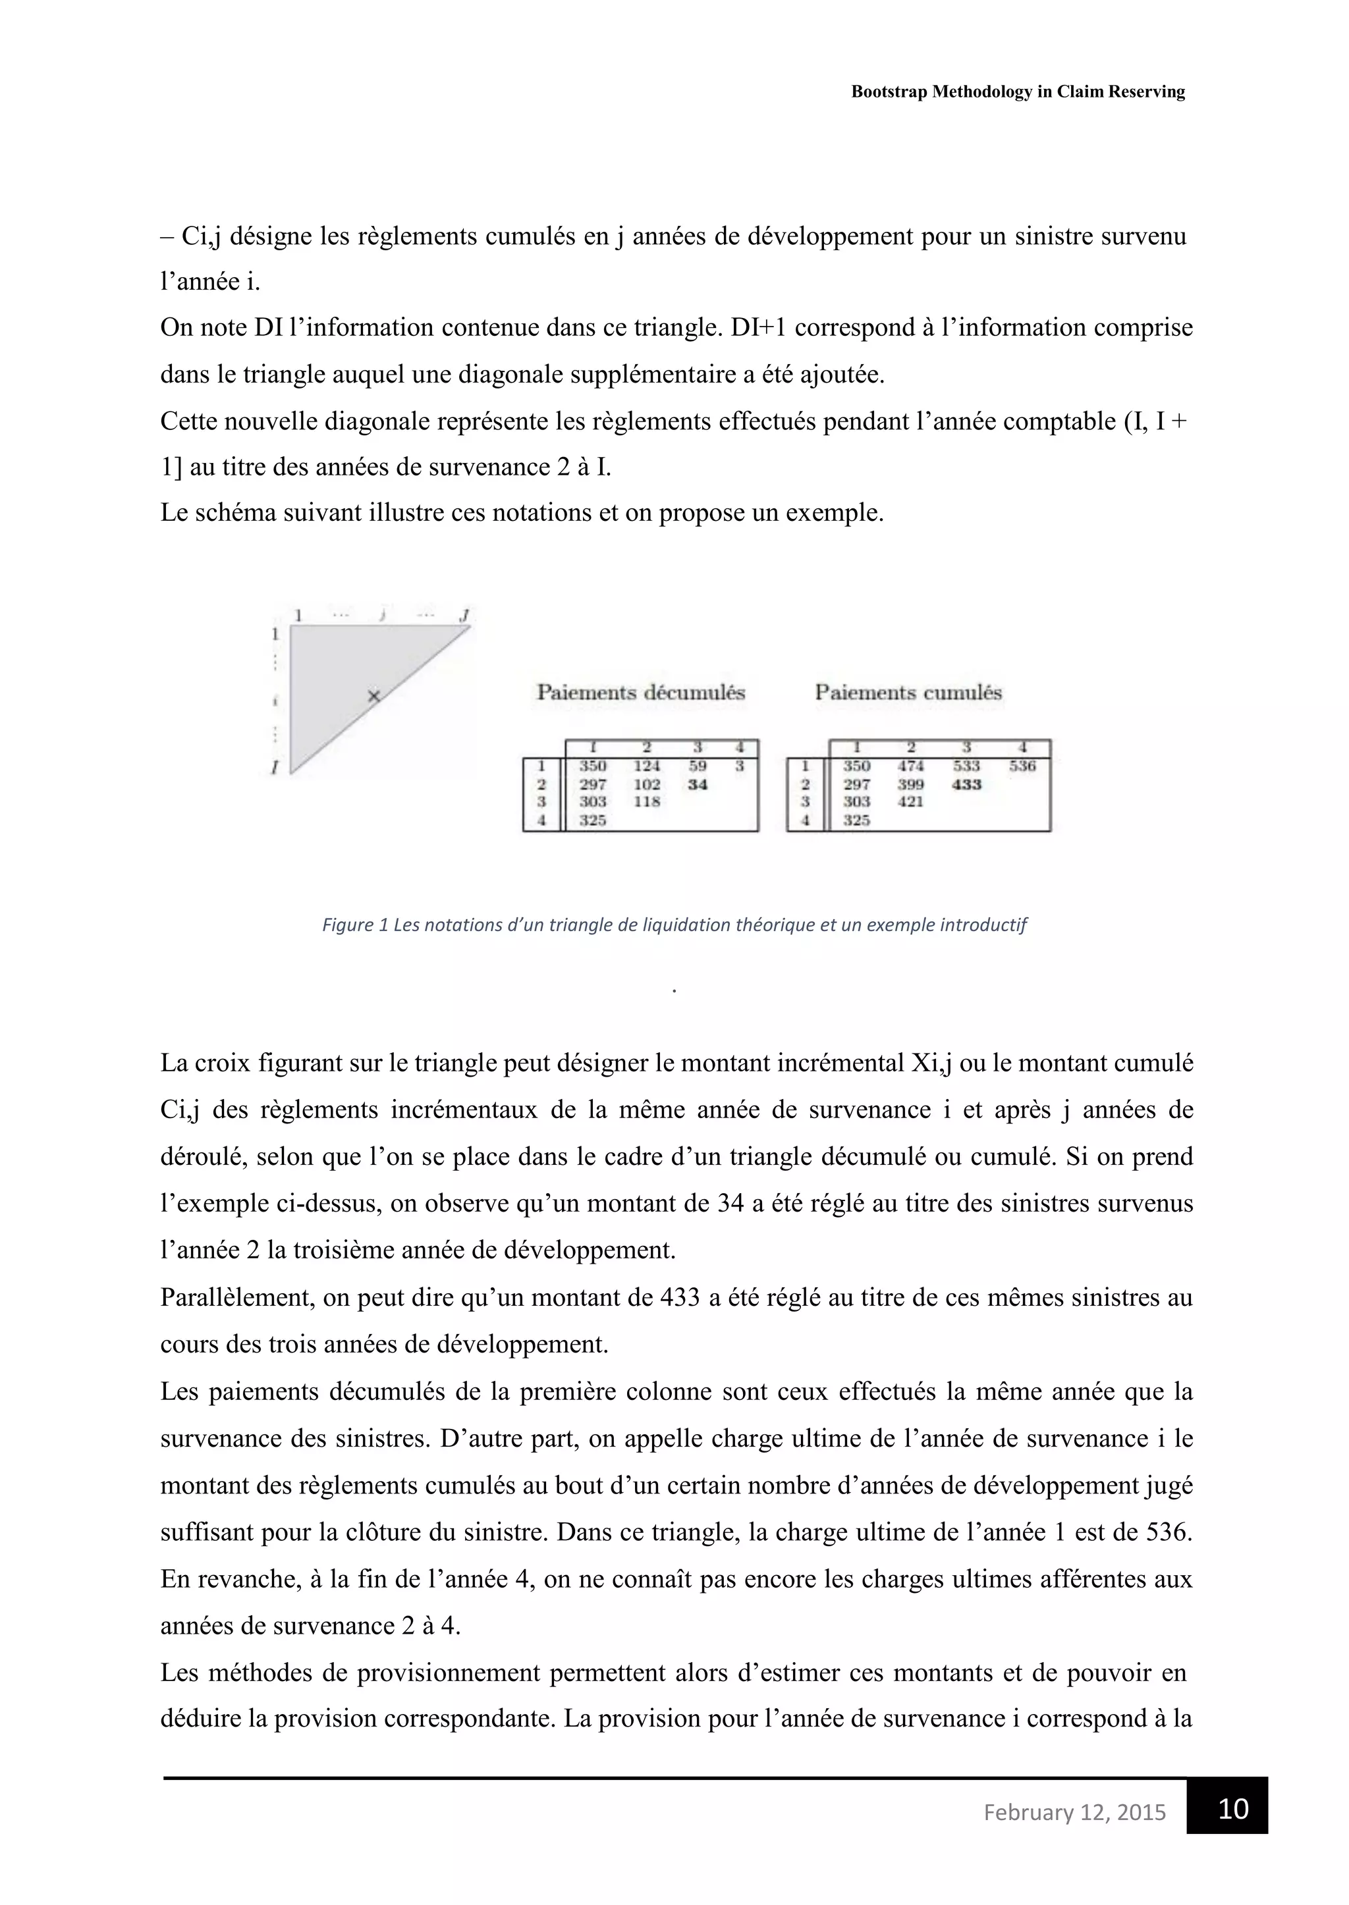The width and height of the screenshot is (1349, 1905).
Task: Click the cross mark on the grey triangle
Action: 373,696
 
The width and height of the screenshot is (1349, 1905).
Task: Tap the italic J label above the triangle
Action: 464,615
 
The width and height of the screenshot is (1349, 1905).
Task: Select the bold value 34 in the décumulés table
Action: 698,784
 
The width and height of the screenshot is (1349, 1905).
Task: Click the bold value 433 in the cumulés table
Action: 967,784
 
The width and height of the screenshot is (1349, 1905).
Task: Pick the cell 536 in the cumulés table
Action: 1022,766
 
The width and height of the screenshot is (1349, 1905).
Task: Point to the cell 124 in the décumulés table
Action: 646,766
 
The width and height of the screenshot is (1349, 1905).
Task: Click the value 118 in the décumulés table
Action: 646,801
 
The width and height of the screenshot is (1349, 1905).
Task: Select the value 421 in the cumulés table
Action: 911,801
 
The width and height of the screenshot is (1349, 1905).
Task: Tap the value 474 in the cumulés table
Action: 911,766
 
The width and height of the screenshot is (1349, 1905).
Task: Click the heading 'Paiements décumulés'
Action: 640,693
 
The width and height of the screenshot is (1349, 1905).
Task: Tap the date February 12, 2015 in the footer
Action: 1074,1812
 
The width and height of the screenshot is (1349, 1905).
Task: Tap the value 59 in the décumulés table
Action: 698,766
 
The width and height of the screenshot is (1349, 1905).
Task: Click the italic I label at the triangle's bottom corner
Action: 274,769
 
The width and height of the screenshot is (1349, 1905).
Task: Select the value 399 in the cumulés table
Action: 911,784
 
